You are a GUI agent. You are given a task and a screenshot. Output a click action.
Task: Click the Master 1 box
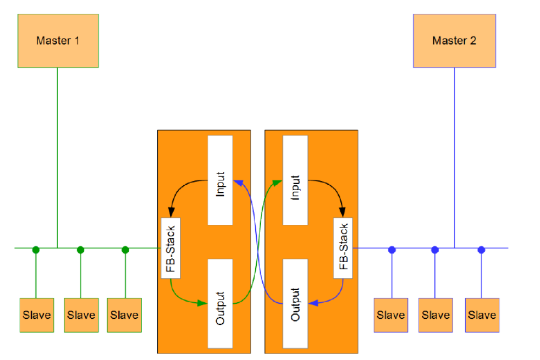(x=58, y=41)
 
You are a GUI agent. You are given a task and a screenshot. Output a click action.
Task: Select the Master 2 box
(x=454, y=41)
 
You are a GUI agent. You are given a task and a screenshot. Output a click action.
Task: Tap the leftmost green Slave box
(x=36, y=315)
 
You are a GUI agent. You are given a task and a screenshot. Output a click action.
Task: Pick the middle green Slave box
(x=81, y=315)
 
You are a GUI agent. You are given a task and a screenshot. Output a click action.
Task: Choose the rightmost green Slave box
(x=124, y=315)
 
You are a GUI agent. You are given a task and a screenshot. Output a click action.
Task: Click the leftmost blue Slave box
(x=391, y=315)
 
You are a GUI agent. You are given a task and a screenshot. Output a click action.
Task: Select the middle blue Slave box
(x=436, y=315)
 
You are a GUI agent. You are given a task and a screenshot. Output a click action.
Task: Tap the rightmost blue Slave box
(x=482, y=315)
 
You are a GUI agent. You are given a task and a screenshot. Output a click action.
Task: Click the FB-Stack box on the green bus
(x=170, y=248)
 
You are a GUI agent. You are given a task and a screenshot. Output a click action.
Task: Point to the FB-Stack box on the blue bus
(x=344, y=248)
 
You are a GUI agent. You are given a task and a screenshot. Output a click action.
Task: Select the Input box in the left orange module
(x=220, y=180)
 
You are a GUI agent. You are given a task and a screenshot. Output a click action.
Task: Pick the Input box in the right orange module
(x=295, y=180)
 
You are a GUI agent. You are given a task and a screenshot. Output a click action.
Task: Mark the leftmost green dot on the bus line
(x=36, y=250)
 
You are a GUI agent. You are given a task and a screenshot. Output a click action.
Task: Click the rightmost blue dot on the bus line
(x=482, y=250)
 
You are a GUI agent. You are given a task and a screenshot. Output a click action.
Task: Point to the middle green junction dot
(x=81, y=250)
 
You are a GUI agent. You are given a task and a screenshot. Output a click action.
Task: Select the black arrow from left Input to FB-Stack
(x=181, y=192)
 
